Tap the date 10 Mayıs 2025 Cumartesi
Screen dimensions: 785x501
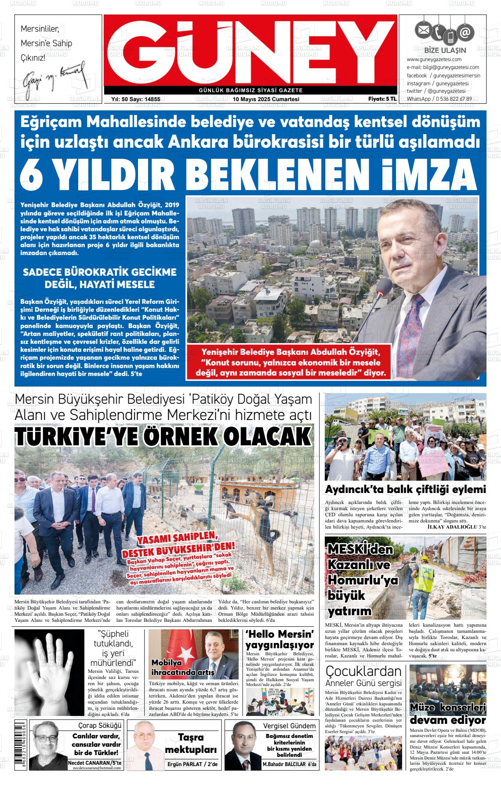pos(266,99)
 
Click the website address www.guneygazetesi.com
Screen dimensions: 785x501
pos(434,59)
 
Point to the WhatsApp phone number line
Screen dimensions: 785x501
pos(439,99)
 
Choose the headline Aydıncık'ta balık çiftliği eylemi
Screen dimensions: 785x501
pos(405,489)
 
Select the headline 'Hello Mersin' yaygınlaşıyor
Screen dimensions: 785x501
pos(280,639)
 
